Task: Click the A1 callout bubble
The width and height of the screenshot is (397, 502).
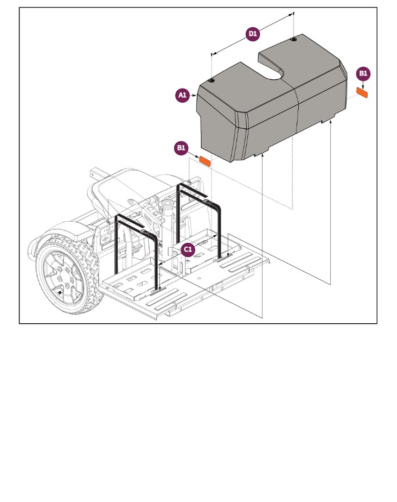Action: click(183, 96)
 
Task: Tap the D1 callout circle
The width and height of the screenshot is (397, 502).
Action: click(253, 34)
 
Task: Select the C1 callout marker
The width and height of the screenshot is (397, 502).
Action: click(188, 249)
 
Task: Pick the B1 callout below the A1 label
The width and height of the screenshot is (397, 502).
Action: click(181, 148)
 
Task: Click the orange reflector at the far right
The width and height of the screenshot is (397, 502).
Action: click(362, 93)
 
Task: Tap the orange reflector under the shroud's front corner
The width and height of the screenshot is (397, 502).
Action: click(205, 160)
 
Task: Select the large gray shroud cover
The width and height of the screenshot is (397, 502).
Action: click(271, 109)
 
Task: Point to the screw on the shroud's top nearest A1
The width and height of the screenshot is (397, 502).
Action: click(212, 81)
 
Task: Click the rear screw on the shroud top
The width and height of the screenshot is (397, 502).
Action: click(293, 40)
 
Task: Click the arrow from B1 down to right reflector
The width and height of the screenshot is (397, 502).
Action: click(363, 84)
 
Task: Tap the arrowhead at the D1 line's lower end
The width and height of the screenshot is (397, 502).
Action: click(213, 54)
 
